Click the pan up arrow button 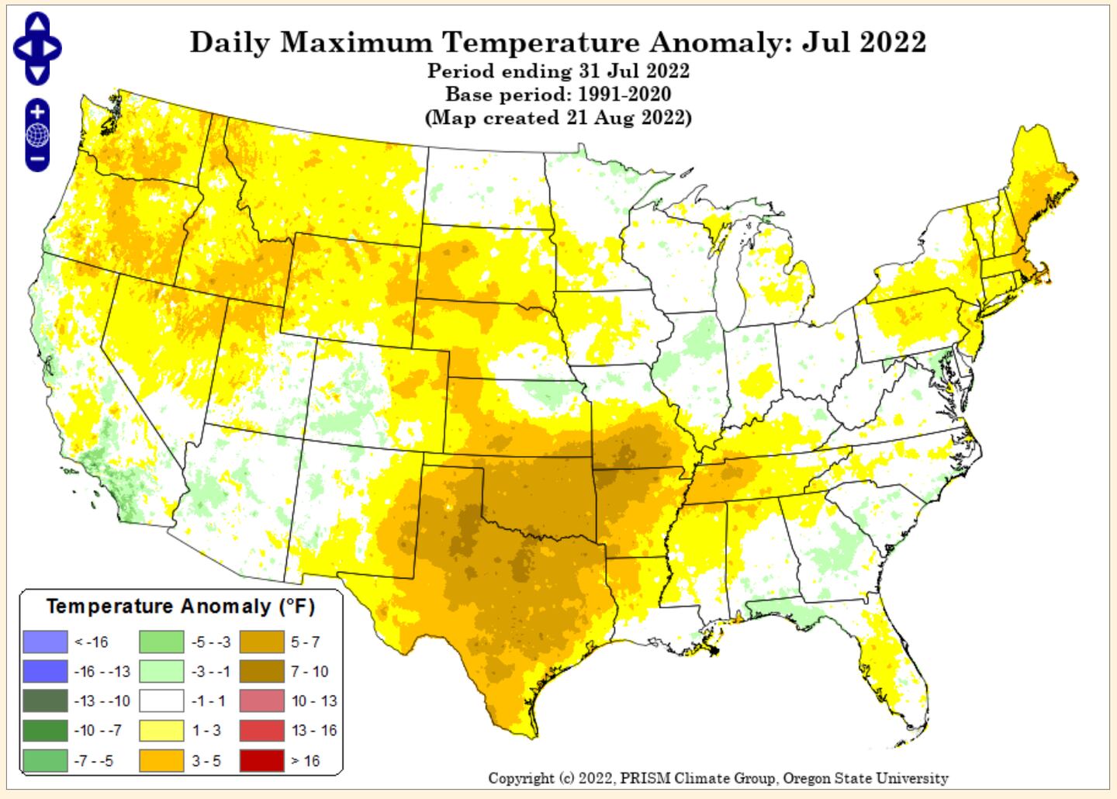pyautogui.click(x=37, y=23)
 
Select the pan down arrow pyautogui.click(x=37, y=73)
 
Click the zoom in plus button pyautogui.click(x=37, y=111)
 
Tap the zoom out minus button pyautogui.click(x=37, y=161)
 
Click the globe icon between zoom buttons pyautogui.click(x=37, y=136)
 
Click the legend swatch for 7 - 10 pyautogui.click(x=261, y=672)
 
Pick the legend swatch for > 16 pyautogui.click(x=261, y=761)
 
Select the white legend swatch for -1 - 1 pyautogui.click(x=161, y=701)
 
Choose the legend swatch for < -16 pyautogui.click(x=45, y=642)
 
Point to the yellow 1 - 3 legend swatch pyautogui.click(x=161, y=731)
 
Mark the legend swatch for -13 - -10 pyautogui.click(x=45, y=701)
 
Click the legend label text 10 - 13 pyautogui.click(x=314, y=701)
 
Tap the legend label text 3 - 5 pyautogui.click(x=206, y=761)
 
